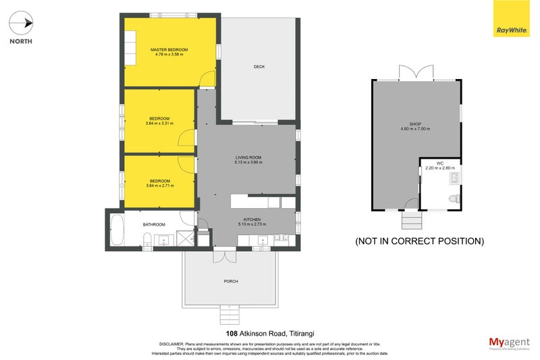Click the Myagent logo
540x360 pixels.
pyautogui.click(x=507, y=342)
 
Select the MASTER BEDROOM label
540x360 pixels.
pyautogui.click(x=169, y=50)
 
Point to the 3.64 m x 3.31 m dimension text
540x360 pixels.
pyautogui.click(x=159, y=124)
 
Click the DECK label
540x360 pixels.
pyautogui.click(x=259, y=66)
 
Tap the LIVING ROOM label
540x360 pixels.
pyautogui.click(x=248, y=157)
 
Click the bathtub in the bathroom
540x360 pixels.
pyautogui.click(x=117, y=230)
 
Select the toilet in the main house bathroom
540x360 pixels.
pyautogui.click(x=147, y=238)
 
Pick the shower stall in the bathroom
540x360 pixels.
pyautogui.click(x=182, y=238)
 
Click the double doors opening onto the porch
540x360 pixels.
pyautogui.click(x=225, y=255)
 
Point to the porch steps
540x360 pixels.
pyautogui.click(x=230, y=314)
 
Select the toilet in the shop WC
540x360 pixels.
pyautogui.click(x=454, y=198)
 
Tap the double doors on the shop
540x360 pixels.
pyautogui.click(x=416, y=72)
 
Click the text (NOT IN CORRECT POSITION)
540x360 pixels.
pyautogui.click(x=419, y=240)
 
